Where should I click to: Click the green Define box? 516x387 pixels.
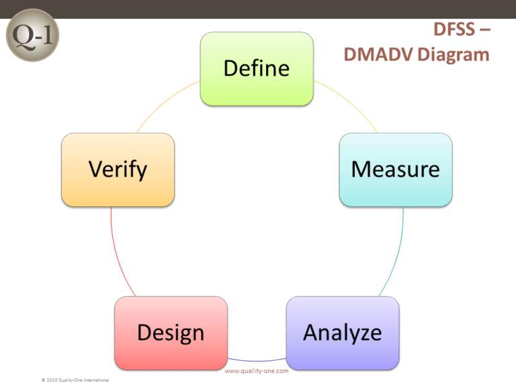point(257,69)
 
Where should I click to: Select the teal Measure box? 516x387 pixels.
point(396,169)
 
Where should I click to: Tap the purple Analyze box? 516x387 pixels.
point(343,333)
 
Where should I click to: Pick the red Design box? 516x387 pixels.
point(171,333)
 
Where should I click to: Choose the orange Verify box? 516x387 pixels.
point(118,169)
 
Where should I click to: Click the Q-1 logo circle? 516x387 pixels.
point(32,38)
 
